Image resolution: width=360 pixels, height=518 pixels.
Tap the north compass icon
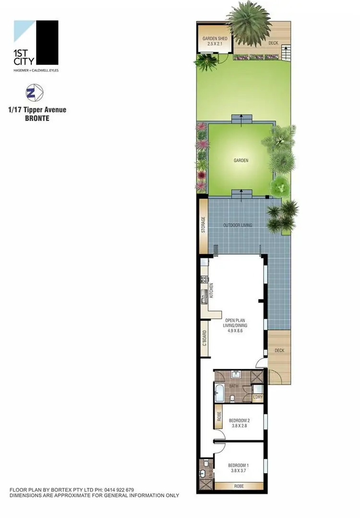click(x=33, y=93)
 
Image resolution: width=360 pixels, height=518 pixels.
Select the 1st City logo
click(x=36, y=45)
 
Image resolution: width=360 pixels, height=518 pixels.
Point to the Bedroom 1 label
click(x=239, y=465)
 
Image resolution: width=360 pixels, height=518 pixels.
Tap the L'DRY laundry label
click(x=258, y=398)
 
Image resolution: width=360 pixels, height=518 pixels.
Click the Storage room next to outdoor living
click(x=204, y=224)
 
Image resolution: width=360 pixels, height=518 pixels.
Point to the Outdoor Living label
click(x=238, y=225)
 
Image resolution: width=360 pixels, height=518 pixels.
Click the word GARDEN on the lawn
click(x=241, y=160)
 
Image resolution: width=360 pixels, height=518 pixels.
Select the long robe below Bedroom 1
click(x=239, y=485)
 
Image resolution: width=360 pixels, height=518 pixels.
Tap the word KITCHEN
click(x=211, y=291)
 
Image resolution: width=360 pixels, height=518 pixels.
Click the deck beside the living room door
click(x=279, y=355)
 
